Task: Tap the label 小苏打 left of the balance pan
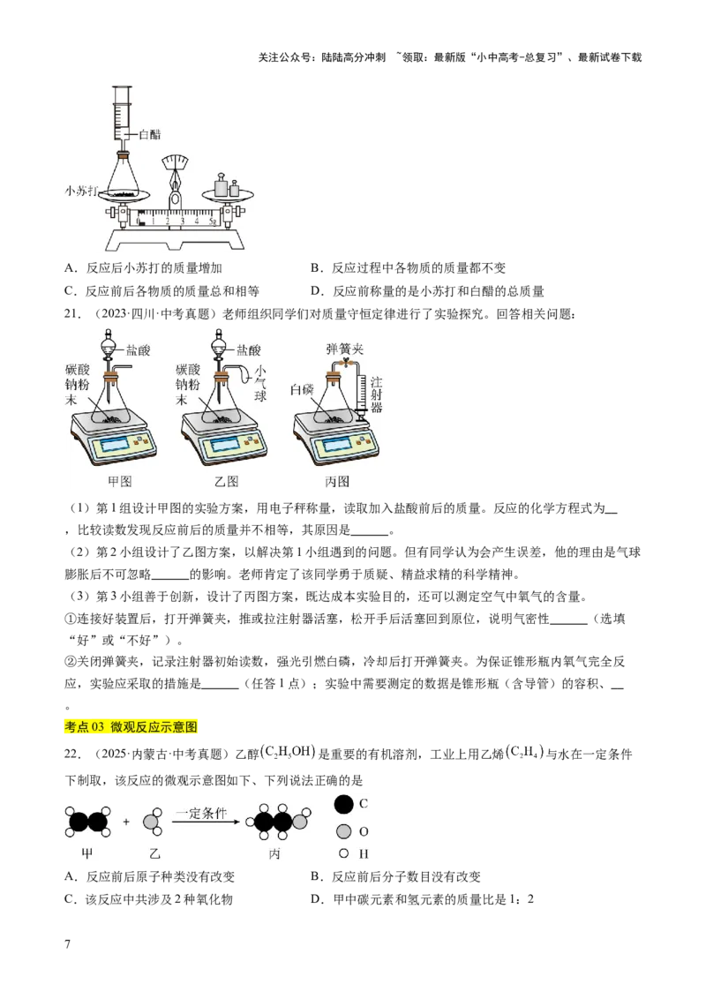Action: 82,190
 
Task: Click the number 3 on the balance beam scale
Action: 183,220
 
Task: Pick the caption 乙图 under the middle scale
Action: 227,481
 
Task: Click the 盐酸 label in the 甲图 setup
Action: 138,350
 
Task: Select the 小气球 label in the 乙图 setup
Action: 259,383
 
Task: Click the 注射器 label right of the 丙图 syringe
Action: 377,392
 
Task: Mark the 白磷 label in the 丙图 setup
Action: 303,389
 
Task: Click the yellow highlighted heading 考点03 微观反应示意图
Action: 133,725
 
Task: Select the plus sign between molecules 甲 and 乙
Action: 126,822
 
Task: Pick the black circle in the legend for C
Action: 344,804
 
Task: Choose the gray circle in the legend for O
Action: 344,830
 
